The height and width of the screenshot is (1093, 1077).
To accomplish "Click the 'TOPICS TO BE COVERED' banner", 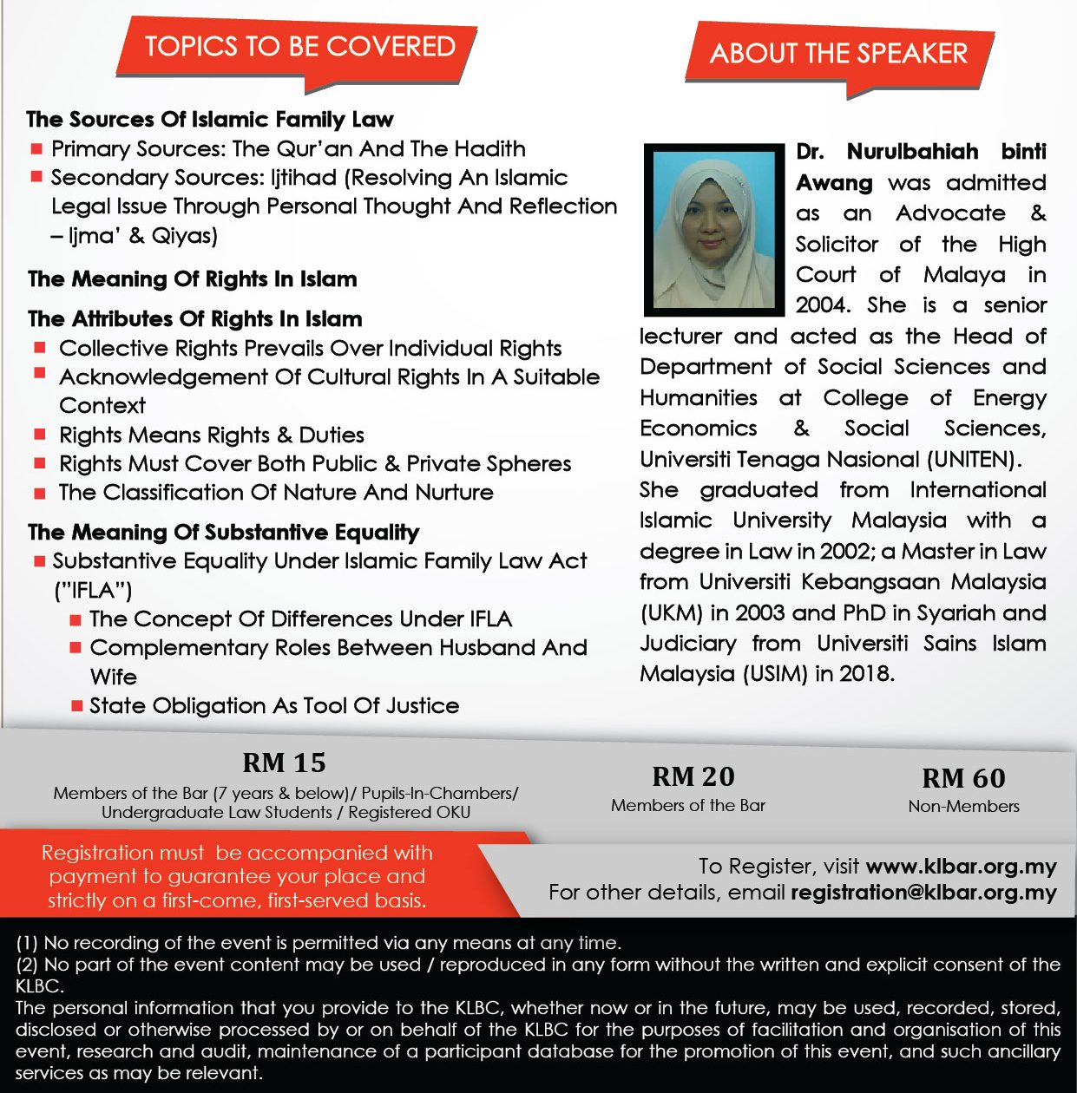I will [299, 47].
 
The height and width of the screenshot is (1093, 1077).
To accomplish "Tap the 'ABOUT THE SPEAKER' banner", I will [838, 54].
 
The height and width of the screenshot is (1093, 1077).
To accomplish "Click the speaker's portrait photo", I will [714, 230].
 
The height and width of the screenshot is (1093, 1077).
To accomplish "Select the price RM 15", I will [284, 762].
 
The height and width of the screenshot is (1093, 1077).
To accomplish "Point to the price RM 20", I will [693, 776].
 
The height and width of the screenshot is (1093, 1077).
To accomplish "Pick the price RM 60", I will [963, 778].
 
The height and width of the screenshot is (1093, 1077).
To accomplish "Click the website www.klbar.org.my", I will [961, 867].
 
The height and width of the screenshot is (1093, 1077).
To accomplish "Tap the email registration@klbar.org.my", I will [923, 893].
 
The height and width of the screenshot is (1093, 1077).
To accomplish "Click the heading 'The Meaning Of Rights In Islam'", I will [193, 279].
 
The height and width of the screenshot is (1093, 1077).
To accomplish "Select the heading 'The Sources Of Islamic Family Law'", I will [210, 119].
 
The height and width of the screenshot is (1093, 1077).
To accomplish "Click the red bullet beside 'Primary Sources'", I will [36, 149].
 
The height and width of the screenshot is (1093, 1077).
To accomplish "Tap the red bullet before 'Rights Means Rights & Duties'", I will [40, 435].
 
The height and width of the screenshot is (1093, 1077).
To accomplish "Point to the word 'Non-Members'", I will [963, 806].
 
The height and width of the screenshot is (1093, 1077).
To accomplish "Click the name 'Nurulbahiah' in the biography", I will [912, 152].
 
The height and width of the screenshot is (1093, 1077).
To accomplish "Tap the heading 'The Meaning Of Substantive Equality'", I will [223, 532].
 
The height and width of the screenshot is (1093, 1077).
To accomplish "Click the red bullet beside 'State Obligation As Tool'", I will [76, 706].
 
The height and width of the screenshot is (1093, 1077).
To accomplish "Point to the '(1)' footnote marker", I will [27, 943].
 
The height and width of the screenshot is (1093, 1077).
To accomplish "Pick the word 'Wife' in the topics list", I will [114, 677].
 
